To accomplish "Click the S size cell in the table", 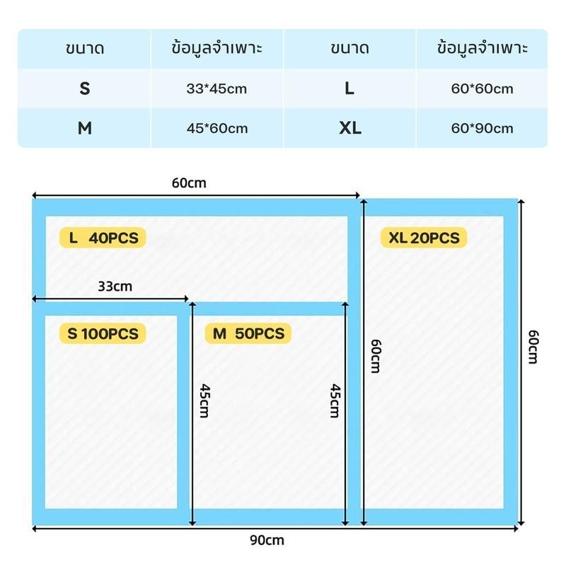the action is coord(84,88).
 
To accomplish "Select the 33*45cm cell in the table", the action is coord(217,88).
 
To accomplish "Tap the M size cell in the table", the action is coord(84,128).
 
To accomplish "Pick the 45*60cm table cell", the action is coord(217,128).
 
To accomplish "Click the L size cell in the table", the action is coord(350,88).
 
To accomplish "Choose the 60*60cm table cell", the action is coord(482,88).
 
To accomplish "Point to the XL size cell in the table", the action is coord(350,128).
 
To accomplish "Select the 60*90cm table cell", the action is coord(482,128).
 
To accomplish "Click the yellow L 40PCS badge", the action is coord(103,238).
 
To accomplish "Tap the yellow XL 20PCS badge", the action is coord(424,238).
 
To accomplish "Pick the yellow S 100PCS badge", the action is coord(103,333).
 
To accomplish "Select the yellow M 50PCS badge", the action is coord(248,333).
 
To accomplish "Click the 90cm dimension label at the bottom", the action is coord(267,541).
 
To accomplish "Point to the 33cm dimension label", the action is coord(115,287).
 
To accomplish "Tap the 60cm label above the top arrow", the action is coord(189,183).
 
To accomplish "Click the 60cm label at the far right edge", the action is coord(533,347).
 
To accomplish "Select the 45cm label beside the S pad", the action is coord(204,400).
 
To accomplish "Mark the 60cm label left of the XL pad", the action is coord(376,356).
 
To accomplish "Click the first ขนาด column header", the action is coord(85,48).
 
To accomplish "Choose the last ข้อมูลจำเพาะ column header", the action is coord(483,48).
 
